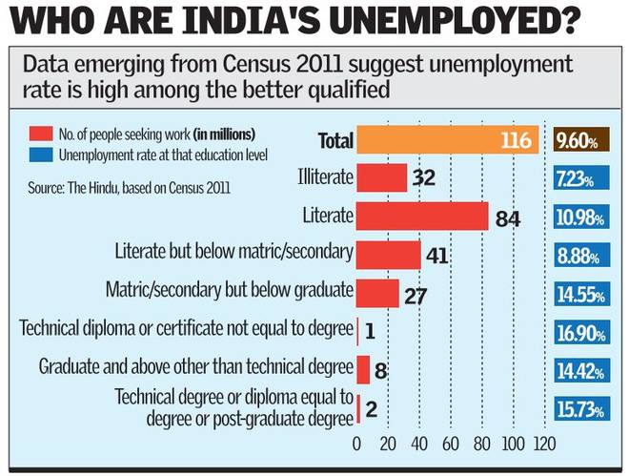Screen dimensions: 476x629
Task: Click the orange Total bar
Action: (x=448, y=141)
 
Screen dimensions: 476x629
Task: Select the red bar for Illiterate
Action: (x=382, y=178)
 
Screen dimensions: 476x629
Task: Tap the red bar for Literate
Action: (x=422, y=216)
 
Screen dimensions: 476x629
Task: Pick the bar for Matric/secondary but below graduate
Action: (x=378, y=292)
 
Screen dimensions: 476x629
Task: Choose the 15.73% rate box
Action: (x=579, y=409)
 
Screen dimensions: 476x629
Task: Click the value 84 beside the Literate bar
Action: (x=507, y=219)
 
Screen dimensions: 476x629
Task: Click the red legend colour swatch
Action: (x=42, y=134)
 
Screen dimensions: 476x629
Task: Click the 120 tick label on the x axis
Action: (x=544, y=443)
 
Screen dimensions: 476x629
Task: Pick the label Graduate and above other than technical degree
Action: (x=195, y=366)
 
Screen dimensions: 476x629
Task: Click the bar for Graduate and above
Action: (x=363, y=368)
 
